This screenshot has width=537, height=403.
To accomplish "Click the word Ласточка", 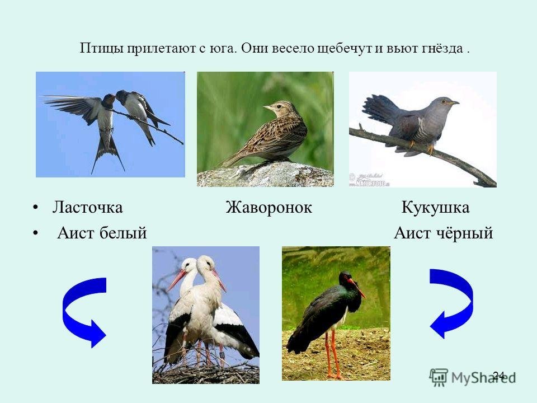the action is (x=87, y=207).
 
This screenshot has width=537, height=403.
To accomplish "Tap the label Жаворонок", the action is (x=269, y=207).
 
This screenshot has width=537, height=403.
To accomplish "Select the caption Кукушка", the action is (x=435, y=208).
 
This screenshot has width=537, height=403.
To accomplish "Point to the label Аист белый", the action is (x=102, y=233).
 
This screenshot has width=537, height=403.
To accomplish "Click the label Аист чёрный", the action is (x=444, y=233).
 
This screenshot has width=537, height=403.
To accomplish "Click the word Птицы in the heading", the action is (x=102, y=49).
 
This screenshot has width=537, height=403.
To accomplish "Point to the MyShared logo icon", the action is (x=439, y=378).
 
